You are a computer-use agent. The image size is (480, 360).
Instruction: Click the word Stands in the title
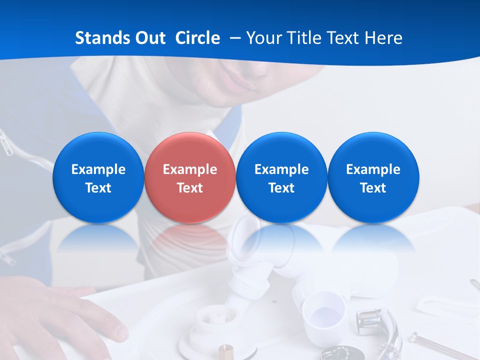coord(102,38)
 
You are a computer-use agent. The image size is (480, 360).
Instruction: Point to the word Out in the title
coord(150,38)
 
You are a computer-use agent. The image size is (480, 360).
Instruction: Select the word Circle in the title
coord(197,38)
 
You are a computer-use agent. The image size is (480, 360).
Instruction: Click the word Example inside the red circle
coord(189,169)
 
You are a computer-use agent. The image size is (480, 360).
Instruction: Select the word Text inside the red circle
coord(189,188)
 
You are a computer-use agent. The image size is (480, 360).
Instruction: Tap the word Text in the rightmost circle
coord(373,188)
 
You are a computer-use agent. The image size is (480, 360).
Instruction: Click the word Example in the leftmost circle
coord(98,169)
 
